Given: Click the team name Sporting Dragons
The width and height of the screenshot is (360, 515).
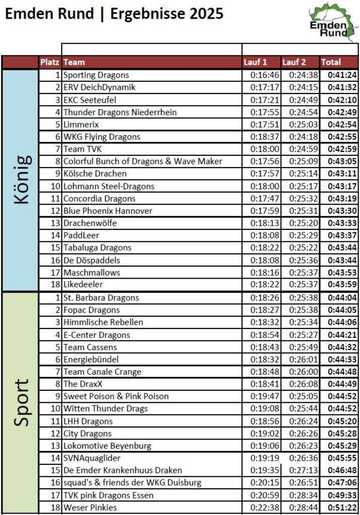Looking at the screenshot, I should [x=96, y=75].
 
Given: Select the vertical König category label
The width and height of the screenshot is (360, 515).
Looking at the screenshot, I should [x=21, y=180].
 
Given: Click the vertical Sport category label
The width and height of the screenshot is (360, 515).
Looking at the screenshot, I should [x=21, y=402].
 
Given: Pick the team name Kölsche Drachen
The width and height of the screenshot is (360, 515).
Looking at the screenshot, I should [x=95, y=174].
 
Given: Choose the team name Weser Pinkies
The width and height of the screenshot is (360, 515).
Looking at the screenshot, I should [x=90, y=507].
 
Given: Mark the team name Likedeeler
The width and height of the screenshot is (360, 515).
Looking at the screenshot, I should [x=83, y=285].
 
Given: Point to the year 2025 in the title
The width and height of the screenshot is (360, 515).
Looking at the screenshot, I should [x=203, y=14].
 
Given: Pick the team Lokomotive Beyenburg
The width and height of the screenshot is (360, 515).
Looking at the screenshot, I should [x=107, y=446].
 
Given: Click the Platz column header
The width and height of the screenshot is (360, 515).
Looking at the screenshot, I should [x=50, y=62].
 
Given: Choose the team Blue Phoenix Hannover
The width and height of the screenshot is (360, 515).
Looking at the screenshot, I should [x=108, y=211].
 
